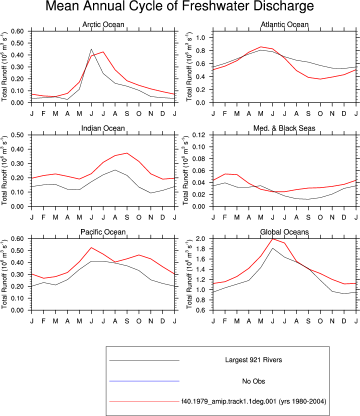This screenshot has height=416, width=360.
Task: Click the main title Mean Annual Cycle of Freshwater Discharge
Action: tap(179, 6)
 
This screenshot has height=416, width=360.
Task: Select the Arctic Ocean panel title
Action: tap(103, 24)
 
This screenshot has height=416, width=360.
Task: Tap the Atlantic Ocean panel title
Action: tap(284, 24)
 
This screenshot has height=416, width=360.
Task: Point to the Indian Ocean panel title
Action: tap(103, 128)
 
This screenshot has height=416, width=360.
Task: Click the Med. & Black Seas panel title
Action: tap(284, 128)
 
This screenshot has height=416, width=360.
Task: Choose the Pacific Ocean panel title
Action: tap(103, 232)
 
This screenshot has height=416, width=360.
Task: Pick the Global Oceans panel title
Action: tap(284, 232)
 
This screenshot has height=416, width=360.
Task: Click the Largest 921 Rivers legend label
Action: tap(253, 360)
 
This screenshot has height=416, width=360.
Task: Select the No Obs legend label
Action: tap(253, 381)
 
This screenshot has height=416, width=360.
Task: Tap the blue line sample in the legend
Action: tap(144, 381)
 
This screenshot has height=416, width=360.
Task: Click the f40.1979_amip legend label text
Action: tap(253, 401)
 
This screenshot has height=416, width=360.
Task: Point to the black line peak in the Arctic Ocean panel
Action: tap(91, 49)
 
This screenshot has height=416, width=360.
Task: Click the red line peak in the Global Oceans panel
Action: tap(272, 239)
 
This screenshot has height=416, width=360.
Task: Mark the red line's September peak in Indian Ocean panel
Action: tap(127, 153)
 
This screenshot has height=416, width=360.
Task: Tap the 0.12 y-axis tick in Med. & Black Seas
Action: tap(198, 135)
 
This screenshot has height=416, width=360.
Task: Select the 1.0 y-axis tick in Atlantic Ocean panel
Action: tap(201, 37)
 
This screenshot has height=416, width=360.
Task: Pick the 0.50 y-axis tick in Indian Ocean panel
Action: tap(17, 135)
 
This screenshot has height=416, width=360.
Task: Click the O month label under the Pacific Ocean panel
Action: tap(138, 321)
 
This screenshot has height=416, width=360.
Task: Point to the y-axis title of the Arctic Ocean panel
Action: tap(4, 67)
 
